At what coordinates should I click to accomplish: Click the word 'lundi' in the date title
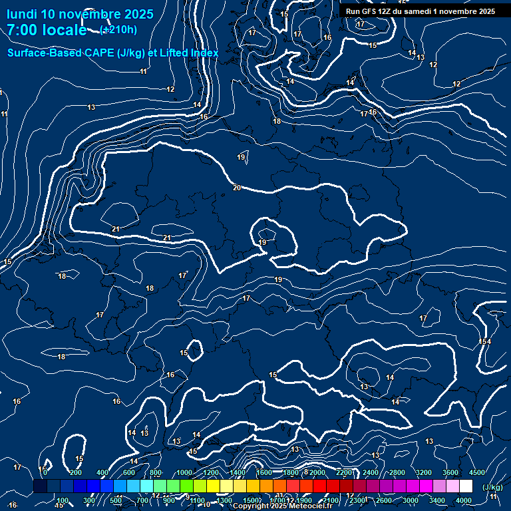coord(22,14)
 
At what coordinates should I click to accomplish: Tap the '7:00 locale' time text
coord(47,30)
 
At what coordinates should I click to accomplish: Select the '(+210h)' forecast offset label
coord(118,29)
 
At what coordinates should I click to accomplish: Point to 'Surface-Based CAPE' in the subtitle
coord(56,53)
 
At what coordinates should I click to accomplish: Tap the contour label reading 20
coord(237,188)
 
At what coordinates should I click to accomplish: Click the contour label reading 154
coord(485,341)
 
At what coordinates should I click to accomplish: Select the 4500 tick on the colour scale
coord(477,472)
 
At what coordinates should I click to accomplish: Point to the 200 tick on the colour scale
coord(75,472)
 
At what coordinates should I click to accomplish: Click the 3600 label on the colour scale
coord(450,472)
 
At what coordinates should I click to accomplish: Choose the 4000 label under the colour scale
coord(464,500)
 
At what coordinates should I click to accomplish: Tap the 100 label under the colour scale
coord(63,500)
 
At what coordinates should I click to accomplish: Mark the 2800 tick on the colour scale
coord(397,472)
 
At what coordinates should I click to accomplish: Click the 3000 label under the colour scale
coord(411,500)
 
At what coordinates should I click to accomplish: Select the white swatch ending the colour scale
coord(466,486)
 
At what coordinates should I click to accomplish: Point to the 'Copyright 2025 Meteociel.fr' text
coord(282,506)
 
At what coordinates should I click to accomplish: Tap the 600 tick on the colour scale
coord(129,472)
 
